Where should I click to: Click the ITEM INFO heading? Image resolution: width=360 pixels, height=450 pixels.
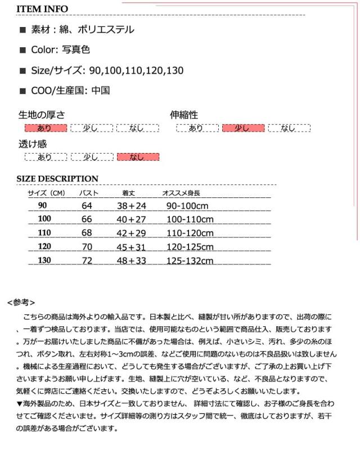point(42,9)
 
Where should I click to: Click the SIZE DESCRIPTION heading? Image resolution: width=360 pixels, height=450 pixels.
point(57,179)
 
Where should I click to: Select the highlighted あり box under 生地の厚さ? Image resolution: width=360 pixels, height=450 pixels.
point(46,128)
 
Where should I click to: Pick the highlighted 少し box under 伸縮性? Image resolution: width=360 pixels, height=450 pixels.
point(243,128)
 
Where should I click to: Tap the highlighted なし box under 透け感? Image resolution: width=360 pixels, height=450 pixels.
point(137,157)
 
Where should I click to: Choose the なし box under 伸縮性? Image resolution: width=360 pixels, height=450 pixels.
point(289,128)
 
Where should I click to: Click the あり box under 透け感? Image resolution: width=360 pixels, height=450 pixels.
point(46,157)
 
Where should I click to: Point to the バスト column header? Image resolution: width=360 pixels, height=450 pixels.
point(89,193)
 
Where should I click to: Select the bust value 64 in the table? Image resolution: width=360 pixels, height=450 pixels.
point(87,206)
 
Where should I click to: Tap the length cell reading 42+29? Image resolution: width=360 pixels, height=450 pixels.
point(131,233)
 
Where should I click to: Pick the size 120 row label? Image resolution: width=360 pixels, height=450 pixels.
point(44,247)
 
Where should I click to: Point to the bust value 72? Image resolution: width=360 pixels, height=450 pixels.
point(87,260)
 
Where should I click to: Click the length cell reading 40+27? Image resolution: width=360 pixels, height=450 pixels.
point(131,219)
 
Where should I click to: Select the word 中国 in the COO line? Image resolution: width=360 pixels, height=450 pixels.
point(101,90)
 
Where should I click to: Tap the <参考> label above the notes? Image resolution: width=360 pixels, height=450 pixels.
point(21,302)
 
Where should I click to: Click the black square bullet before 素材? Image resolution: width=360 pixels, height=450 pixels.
point(23,30)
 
